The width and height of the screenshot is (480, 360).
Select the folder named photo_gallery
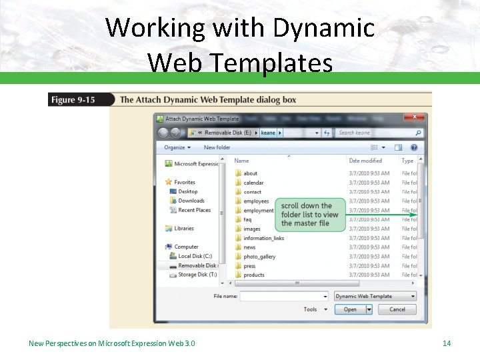coord(259,257)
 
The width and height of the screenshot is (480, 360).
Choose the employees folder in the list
coord(256,201)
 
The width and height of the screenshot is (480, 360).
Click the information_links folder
coord(263,238)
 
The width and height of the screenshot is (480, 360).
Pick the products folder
coord(254,275)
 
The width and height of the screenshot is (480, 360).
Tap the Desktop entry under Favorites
coord(187,191)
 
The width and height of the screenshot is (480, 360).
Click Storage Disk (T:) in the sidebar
coord(197,275)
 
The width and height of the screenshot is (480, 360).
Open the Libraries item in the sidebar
coord(184,229)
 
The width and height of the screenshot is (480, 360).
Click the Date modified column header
coord(365,161)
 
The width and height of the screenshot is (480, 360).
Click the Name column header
coord(242,161)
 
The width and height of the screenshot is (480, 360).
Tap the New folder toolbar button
coord(217,147)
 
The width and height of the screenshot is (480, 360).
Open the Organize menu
coord(177,147)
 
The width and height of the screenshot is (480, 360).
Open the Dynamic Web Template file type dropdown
coord(375,296)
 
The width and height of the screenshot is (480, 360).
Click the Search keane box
coord(377,133)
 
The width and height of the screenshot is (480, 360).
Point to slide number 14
coord(447,343)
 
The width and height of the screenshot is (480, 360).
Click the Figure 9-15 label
coord(73,100)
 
